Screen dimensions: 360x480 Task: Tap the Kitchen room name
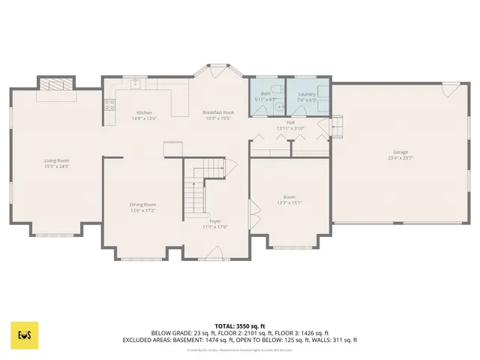pos(143,112)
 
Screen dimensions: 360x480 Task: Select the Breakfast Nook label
pos(217,112)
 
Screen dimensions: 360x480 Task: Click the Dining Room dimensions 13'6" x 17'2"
pos(143,210)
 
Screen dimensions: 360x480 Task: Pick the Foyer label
pos(215,221)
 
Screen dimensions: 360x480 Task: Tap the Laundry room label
pos(307,94)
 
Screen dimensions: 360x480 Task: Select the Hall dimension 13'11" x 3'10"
pos(290,127)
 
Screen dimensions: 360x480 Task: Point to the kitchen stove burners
pos(109,104)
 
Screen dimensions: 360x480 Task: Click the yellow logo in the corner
pos(24,334)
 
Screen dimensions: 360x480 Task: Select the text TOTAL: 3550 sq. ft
pos(239,326)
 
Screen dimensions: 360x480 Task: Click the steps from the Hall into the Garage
pos(337,127)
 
